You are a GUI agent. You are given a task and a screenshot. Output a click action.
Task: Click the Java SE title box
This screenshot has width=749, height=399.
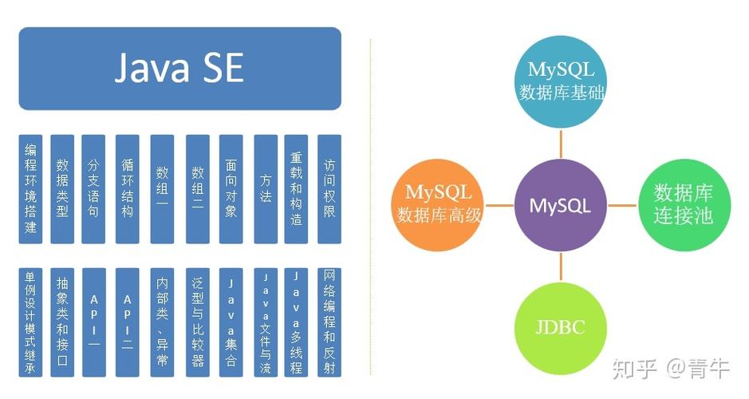[179, 69]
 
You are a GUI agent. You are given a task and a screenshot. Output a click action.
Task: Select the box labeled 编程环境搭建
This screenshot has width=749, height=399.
[30, 189]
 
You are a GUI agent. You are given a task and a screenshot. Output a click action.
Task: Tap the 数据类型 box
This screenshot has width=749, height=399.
[62, 189]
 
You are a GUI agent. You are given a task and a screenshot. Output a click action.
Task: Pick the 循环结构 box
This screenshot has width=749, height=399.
[128, 189]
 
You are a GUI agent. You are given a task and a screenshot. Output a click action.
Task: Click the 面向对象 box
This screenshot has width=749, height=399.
[231, 189]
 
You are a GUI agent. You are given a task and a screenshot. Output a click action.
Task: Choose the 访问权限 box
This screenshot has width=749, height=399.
[329, 189]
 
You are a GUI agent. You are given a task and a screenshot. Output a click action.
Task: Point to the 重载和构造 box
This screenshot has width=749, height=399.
[296, 189]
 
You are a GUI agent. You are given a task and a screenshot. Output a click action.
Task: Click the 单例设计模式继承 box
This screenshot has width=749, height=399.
[30, 322]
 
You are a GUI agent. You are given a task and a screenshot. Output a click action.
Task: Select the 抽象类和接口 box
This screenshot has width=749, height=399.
[62, 322]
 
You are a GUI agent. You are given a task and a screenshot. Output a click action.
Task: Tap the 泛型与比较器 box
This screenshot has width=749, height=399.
[197, 322]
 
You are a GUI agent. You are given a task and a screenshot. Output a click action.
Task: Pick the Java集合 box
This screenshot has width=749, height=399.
[231, 322]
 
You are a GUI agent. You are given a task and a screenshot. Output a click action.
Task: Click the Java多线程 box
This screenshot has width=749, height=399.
[296, 322]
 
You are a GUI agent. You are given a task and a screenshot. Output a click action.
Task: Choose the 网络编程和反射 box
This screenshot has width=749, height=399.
[329, 322]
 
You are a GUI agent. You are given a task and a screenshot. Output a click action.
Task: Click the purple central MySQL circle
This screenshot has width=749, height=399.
[560, 205]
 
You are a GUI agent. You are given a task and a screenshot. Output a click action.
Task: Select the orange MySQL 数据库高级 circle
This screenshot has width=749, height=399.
[438, 203]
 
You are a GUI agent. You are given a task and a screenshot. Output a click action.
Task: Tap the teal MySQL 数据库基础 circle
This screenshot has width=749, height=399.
[560, 81]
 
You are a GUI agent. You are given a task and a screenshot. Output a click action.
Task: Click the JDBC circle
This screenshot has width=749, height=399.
[560, 327]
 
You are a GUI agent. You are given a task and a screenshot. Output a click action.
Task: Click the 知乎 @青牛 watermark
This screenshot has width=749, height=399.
[670, 368]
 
